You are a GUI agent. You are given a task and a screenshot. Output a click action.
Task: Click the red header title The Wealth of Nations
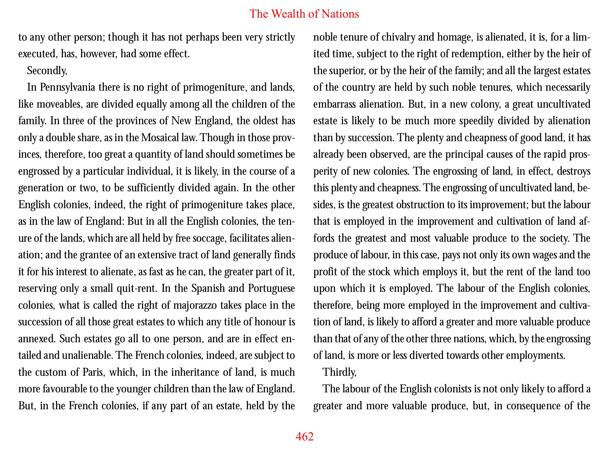(304, 14)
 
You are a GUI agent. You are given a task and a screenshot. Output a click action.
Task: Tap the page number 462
(304, 437)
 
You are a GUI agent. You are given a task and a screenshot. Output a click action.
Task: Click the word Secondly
(47, 71)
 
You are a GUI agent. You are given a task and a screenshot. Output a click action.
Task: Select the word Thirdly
(339, 372)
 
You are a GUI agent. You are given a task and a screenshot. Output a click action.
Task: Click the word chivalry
(398, 37)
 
